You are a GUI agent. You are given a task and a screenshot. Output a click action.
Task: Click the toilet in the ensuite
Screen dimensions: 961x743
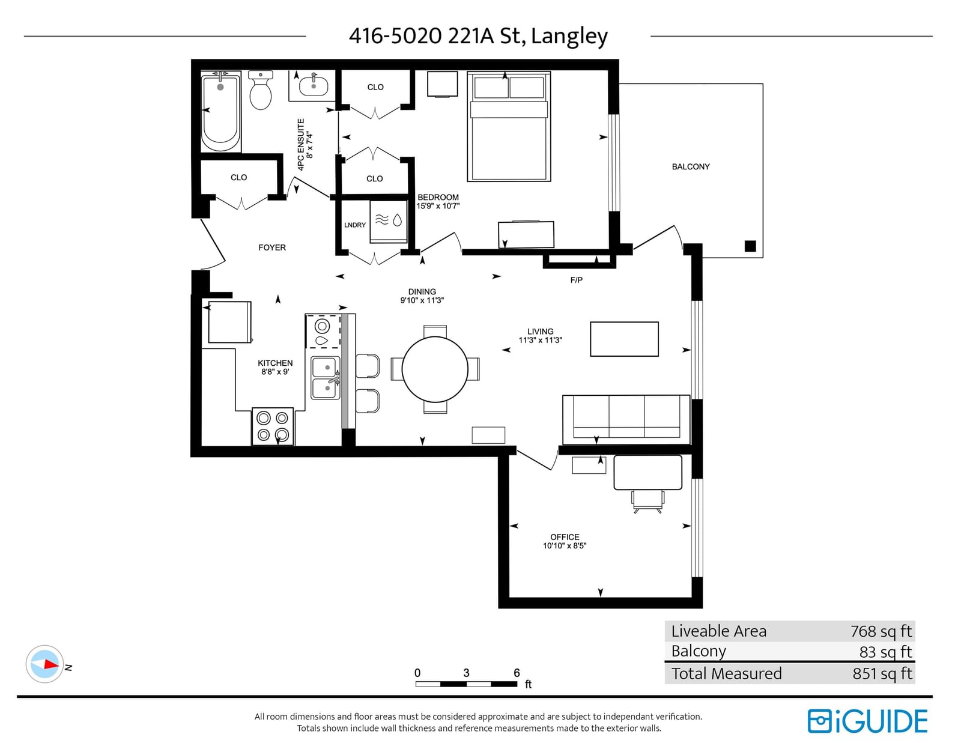261,90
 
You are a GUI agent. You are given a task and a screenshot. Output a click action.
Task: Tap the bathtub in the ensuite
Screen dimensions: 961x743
220,113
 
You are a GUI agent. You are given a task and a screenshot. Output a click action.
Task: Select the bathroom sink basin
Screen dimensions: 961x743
314,86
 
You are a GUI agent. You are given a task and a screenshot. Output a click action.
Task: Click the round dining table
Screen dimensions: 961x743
435,369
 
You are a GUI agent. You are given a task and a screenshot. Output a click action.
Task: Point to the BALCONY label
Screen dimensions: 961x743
690,167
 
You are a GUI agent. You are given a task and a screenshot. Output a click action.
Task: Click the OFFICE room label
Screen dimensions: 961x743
565,537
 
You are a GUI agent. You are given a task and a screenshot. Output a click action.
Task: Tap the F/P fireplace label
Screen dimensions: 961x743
576,280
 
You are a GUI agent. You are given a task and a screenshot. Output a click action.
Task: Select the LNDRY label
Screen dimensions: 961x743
355,225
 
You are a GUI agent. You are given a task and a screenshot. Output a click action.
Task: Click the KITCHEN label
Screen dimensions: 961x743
275,363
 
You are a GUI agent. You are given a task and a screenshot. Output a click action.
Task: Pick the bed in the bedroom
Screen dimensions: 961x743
509,127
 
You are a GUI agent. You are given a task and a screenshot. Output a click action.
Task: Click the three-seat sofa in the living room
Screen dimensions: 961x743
626,420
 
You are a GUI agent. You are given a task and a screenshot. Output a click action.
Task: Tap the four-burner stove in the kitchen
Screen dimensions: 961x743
273,426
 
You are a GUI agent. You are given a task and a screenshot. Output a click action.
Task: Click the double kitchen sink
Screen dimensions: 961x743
326,378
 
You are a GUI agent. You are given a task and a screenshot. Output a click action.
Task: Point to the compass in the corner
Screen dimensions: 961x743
44,664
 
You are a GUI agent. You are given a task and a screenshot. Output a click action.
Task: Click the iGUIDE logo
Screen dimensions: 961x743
867,721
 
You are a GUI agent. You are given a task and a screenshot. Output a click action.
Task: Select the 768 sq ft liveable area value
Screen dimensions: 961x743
881,631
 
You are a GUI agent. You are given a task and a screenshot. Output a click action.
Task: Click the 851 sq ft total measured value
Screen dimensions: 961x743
882,673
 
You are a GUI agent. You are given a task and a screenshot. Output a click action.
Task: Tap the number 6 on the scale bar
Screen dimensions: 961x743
517,673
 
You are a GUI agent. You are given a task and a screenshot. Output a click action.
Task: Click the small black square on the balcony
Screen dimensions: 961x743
750,246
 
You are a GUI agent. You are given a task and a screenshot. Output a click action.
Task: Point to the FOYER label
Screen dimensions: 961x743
272,247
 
